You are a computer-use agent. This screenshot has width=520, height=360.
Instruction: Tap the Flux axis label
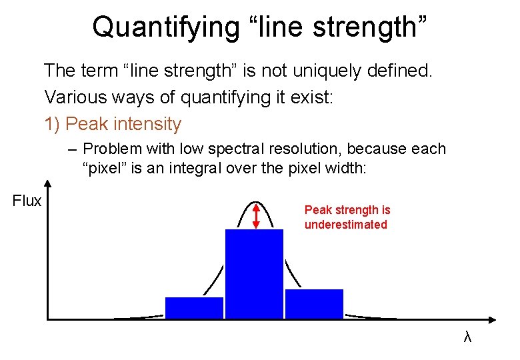pyautogui.click(x=27, y=201)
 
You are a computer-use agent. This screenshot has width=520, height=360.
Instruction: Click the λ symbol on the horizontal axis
pyautogui.click(x=467, y=337)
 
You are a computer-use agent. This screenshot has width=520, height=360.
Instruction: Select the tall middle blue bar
pyautogui.click(x=254, y=274)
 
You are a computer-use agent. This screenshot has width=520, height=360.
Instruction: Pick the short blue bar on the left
pyautogui.click(x=194, y=308)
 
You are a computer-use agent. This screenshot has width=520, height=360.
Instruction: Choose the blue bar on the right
pyautogui.click(x=314, y=304)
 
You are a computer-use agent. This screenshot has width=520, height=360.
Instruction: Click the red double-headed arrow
pyautogui.click(x=257, y=215)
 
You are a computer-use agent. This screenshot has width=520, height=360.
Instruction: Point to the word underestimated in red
pyautogui.click(x=345, y=225)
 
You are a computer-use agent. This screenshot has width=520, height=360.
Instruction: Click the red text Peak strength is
pyautogui.click(x=347, y=210)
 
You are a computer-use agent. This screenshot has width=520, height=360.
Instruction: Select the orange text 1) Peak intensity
pyautogui.click(x=113, y=124)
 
